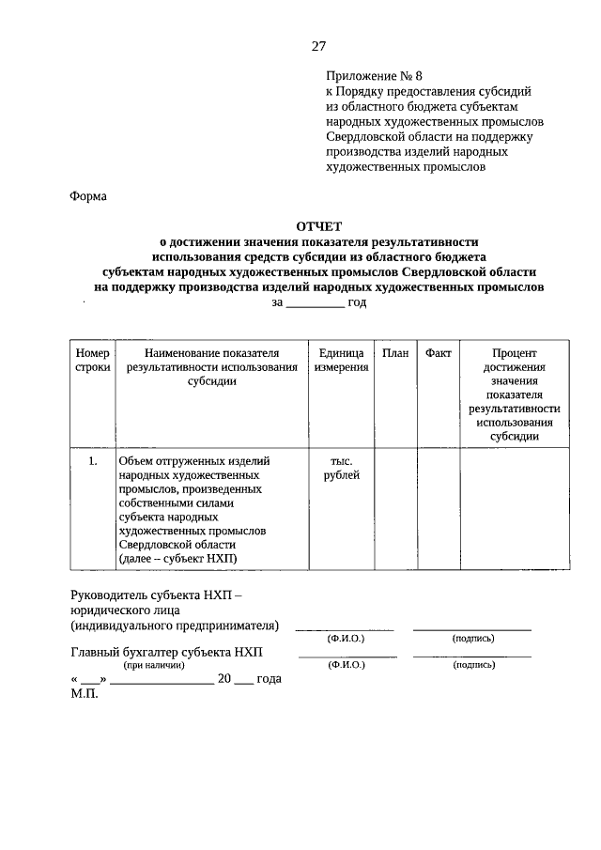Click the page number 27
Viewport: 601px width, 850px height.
[x=318, y=46]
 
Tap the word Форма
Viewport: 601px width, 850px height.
[x=88, y=197]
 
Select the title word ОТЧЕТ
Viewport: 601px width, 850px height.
[x=318, y=226]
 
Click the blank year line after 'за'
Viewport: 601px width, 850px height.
[x=315, y=302]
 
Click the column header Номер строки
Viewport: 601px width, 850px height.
[x=92, y=360]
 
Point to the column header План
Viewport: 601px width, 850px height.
[x=395, y=352]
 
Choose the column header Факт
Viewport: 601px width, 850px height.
[x=438, y=352]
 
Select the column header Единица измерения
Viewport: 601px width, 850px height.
[x=341, y=360]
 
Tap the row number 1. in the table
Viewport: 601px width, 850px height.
[x=92, y=461]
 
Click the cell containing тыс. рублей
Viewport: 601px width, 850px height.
[x=341, y=468]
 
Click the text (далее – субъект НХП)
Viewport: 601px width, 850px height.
[x=178, y=559]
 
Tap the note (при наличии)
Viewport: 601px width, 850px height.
[x=153, y=665]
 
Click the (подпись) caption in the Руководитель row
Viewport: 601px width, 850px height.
[x=473, y=639]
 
